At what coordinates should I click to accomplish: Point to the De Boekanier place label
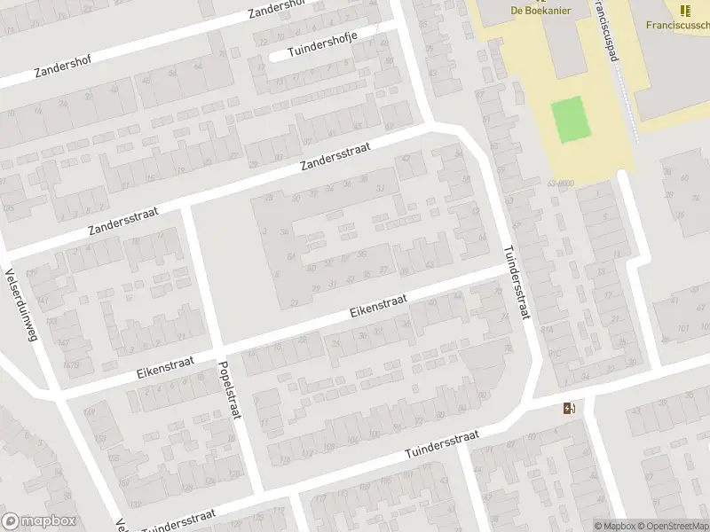click(x=540, y=10)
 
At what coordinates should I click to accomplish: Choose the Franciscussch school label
click(x=670, y=26)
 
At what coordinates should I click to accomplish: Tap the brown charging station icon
click(x=569, y=408)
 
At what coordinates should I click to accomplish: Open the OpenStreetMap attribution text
click(x=671, y=526)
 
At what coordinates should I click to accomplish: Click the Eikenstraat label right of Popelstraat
click(x=378, y=306)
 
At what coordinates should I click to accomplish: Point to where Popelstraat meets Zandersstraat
click(x=186, y=209)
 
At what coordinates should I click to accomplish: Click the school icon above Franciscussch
click(x=684, y=10)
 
